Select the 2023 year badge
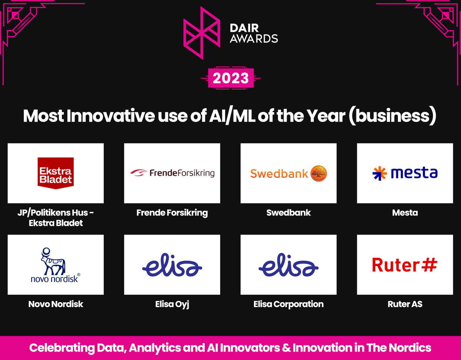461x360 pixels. tap(231, 78)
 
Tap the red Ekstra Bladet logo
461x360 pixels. tap(56, 173)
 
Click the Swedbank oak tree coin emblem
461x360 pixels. tap(318, 173)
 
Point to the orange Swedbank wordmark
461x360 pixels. tap(279, 174)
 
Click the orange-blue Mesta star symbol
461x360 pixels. tap(380, 173)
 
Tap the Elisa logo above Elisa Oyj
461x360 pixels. tap(172, 265)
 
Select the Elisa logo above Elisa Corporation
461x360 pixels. tap(289, 265)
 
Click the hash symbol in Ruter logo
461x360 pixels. tap(428, 265)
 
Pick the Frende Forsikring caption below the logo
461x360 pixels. tap(172, 213)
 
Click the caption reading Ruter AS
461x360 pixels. tap(405, 304)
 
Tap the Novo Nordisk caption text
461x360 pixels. tap(56, 304)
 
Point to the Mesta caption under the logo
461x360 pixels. tap(405, 213)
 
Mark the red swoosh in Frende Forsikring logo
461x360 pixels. tap(139, 173)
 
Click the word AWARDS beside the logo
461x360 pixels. tap(254, 38)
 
